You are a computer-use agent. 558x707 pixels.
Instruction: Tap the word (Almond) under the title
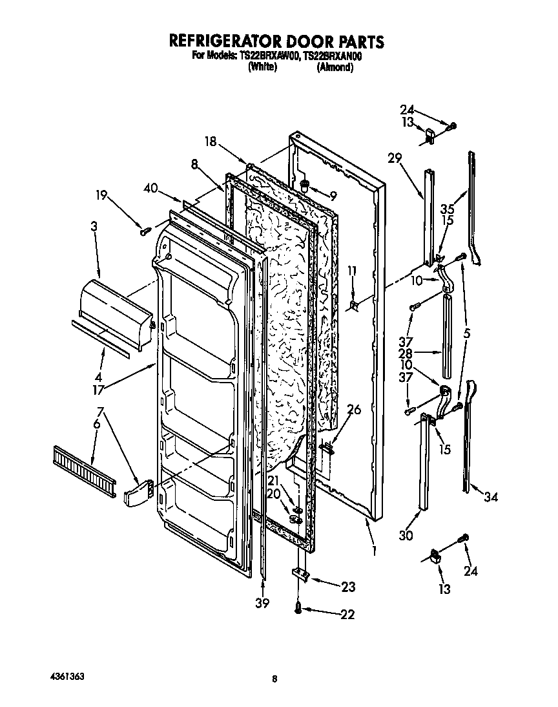pos(335,67)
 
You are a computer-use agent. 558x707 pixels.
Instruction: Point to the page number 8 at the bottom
pos(274,679)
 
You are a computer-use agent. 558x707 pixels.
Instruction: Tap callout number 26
pos(354,409)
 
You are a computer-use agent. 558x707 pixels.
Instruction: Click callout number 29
pos(395,157)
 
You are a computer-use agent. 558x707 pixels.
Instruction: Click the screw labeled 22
pos(298,608)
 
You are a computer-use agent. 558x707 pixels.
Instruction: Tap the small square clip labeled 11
pos(353,304)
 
